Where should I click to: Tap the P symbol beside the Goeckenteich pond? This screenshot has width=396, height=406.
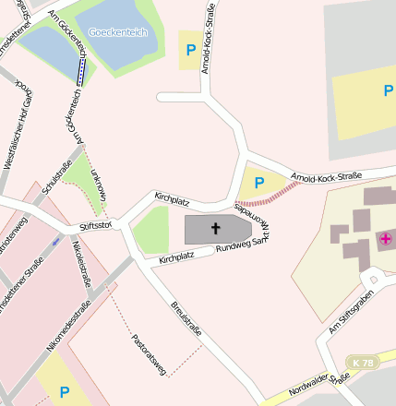pyautogui.click(x=191, y=50)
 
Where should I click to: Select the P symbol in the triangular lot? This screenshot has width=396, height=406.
pyautogui.click(x=259, y=182)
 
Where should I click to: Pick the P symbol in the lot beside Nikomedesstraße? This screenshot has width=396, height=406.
pyautogui.click(x=65, y=392)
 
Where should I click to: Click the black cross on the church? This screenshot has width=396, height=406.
pyautogui.click(x=216, y=228)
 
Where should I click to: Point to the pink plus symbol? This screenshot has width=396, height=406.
pyautogui.click(x=384, y=239)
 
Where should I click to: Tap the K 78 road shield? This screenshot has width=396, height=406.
pyautogui.click(x=364, y=363)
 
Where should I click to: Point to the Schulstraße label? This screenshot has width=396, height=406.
pyautogui.click(x=54, y=174)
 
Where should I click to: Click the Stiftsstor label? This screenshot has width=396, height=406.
pyautogui.click(x=96, y=224)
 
